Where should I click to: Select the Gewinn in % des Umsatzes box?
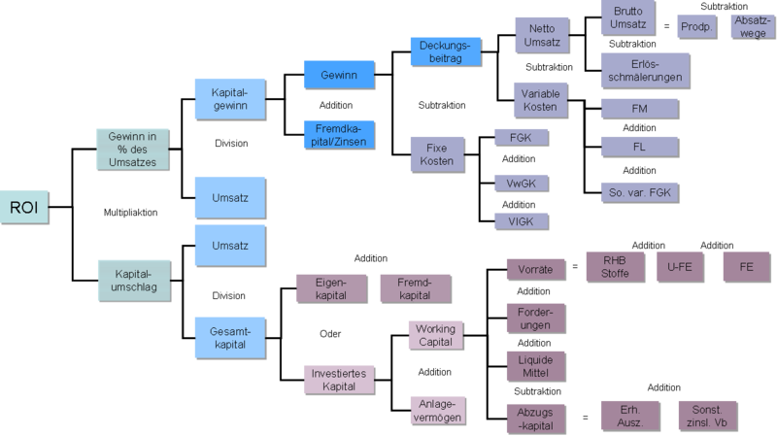click(132, 150)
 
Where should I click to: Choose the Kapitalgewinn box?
click(230, 100)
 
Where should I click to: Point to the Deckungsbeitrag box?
click(446, 51)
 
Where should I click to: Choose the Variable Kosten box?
click(539, 99)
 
